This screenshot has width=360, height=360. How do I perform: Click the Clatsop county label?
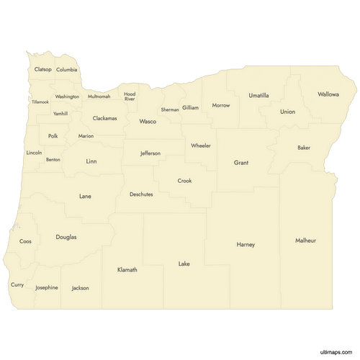[43, 69]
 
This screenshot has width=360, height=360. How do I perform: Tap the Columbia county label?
[67, 70]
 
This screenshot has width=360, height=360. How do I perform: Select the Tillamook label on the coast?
[40, 102]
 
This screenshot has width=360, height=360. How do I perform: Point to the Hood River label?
[130, 96]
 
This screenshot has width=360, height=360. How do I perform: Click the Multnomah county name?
[99, 96]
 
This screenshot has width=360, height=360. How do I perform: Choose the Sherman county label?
[170, 109]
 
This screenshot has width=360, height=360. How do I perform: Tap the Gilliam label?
[190, 107]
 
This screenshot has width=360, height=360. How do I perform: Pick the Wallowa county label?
[328, 94]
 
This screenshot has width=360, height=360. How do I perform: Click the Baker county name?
[304, 148]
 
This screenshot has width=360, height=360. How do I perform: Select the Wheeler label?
[201, 145]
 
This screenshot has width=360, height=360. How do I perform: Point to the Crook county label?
[185, 181]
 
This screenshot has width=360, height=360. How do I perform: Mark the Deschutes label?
[141, 194]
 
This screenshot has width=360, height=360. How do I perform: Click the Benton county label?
[53, 159]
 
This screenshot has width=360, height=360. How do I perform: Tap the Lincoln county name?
[34, 153]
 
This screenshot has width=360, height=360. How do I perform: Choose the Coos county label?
[25, 241]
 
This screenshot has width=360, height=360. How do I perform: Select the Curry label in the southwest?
[17, 284]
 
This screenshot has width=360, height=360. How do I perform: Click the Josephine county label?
[47, 287]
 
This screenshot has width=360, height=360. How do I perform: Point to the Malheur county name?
[305, 240]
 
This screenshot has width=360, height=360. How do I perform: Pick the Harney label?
[246, 245]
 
